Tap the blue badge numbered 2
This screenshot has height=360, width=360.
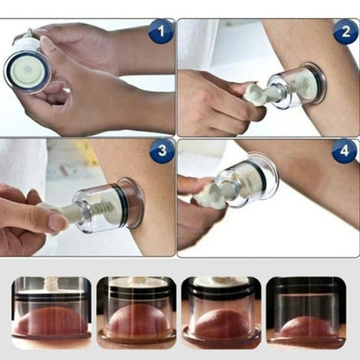(x=344, y=32)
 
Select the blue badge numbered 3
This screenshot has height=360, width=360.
(x=161, y=152)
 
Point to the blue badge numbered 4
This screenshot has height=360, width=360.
(x=344, y=152)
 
